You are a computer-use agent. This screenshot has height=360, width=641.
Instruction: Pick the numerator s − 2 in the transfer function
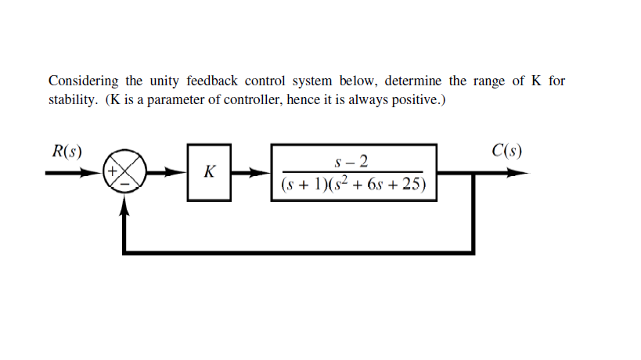tap(352, 162)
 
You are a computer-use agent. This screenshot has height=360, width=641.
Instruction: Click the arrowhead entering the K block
tap(181, 173)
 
